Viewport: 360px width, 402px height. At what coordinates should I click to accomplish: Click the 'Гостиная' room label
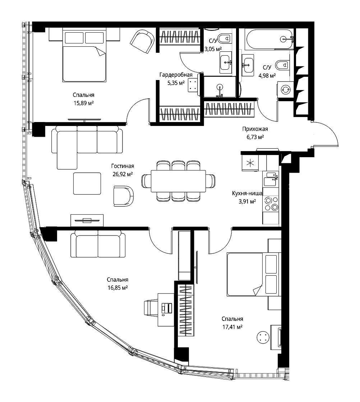123,166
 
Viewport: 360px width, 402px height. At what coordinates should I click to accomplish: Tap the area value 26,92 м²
123,174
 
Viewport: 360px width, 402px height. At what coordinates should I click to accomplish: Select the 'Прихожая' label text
255,129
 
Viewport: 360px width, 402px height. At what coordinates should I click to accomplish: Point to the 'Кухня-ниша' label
247,193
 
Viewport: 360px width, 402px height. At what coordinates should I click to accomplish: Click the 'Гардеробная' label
176,75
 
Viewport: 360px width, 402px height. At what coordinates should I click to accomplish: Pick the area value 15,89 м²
83,103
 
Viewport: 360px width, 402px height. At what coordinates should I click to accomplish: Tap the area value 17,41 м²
232,327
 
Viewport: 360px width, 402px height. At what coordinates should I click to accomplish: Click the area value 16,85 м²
117,288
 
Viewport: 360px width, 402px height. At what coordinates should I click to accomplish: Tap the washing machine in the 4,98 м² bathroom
285,90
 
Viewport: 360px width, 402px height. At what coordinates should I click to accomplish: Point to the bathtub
269,39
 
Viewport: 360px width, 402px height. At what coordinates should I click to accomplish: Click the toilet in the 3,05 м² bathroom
225,38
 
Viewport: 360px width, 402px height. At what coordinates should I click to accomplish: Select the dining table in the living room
178,181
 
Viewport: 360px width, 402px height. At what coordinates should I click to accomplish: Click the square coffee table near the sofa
87,183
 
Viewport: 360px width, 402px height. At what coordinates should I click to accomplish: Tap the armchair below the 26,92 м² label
124,196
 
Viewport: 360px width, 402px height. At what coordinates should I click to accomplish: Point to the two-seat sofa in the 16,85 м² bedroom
98,244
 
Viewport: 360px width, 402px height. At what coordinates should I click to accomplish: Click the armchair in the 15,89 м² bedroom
142,41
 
